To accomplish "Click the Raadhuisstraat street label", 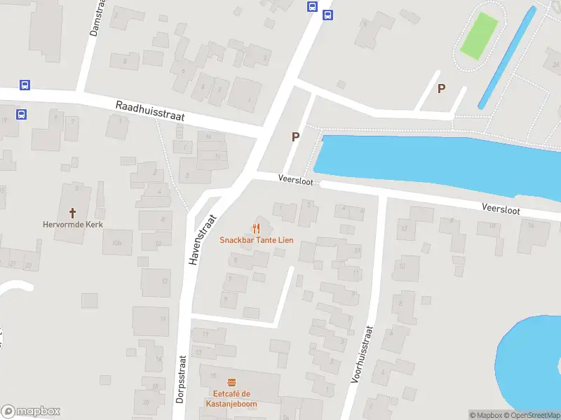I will point(149,111).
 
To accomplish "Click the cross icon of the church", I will point(72,212).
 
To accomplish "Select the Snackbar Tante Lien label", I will point(257,240).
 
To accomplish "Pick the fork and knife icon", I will point(257,227).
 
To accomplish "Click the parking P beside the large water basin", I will point(296,137).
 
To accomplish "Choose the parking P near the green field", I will point(441,88).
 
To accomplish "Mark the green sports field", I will point(479,36).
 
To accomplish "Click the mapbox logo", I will point(31,412).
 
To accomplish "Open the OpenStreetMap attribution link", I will point(531,415).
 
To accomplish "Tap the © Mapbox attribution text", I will point(485,415).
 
